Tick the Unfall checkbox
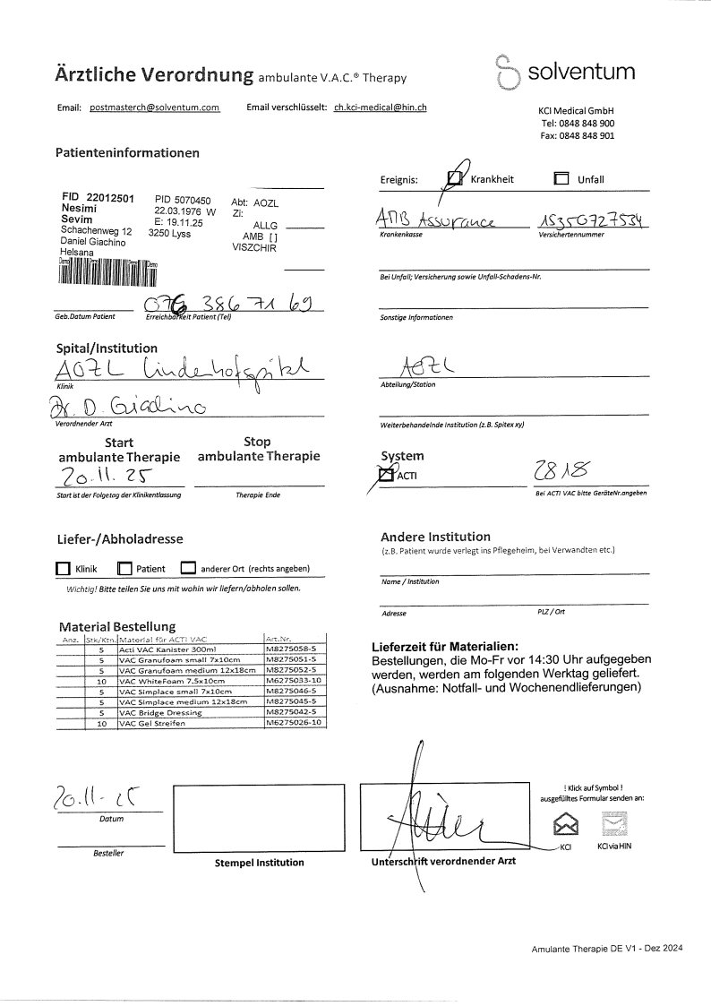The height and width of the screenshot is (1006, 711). (561, 179)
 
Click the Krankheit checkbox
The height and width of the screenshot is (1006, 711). (456, 179)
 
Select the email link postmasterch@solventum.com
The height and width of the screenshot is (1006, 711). (154, 107)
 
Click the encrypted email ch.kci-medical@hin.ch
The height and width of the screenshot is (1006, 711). (380, 107)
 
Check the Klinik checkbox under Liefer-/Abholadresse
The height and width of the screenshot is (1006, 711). (63, 568)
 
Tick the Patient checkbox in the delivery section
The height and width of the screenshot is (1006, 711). (124, 568)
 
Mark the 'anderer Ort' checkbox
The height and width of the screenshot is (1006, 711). (188, 568)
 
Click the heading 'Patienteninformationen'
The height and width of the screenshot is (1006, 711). (127, 153)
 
